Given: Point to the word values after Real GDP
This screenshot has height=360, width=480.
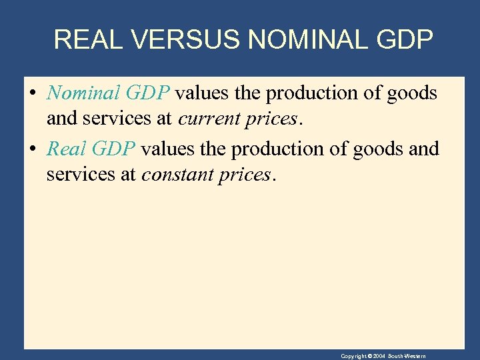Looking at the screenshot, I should point(168,148).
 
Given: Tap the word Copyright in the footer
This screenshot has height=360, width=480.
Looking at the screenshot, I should point(354,356).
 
